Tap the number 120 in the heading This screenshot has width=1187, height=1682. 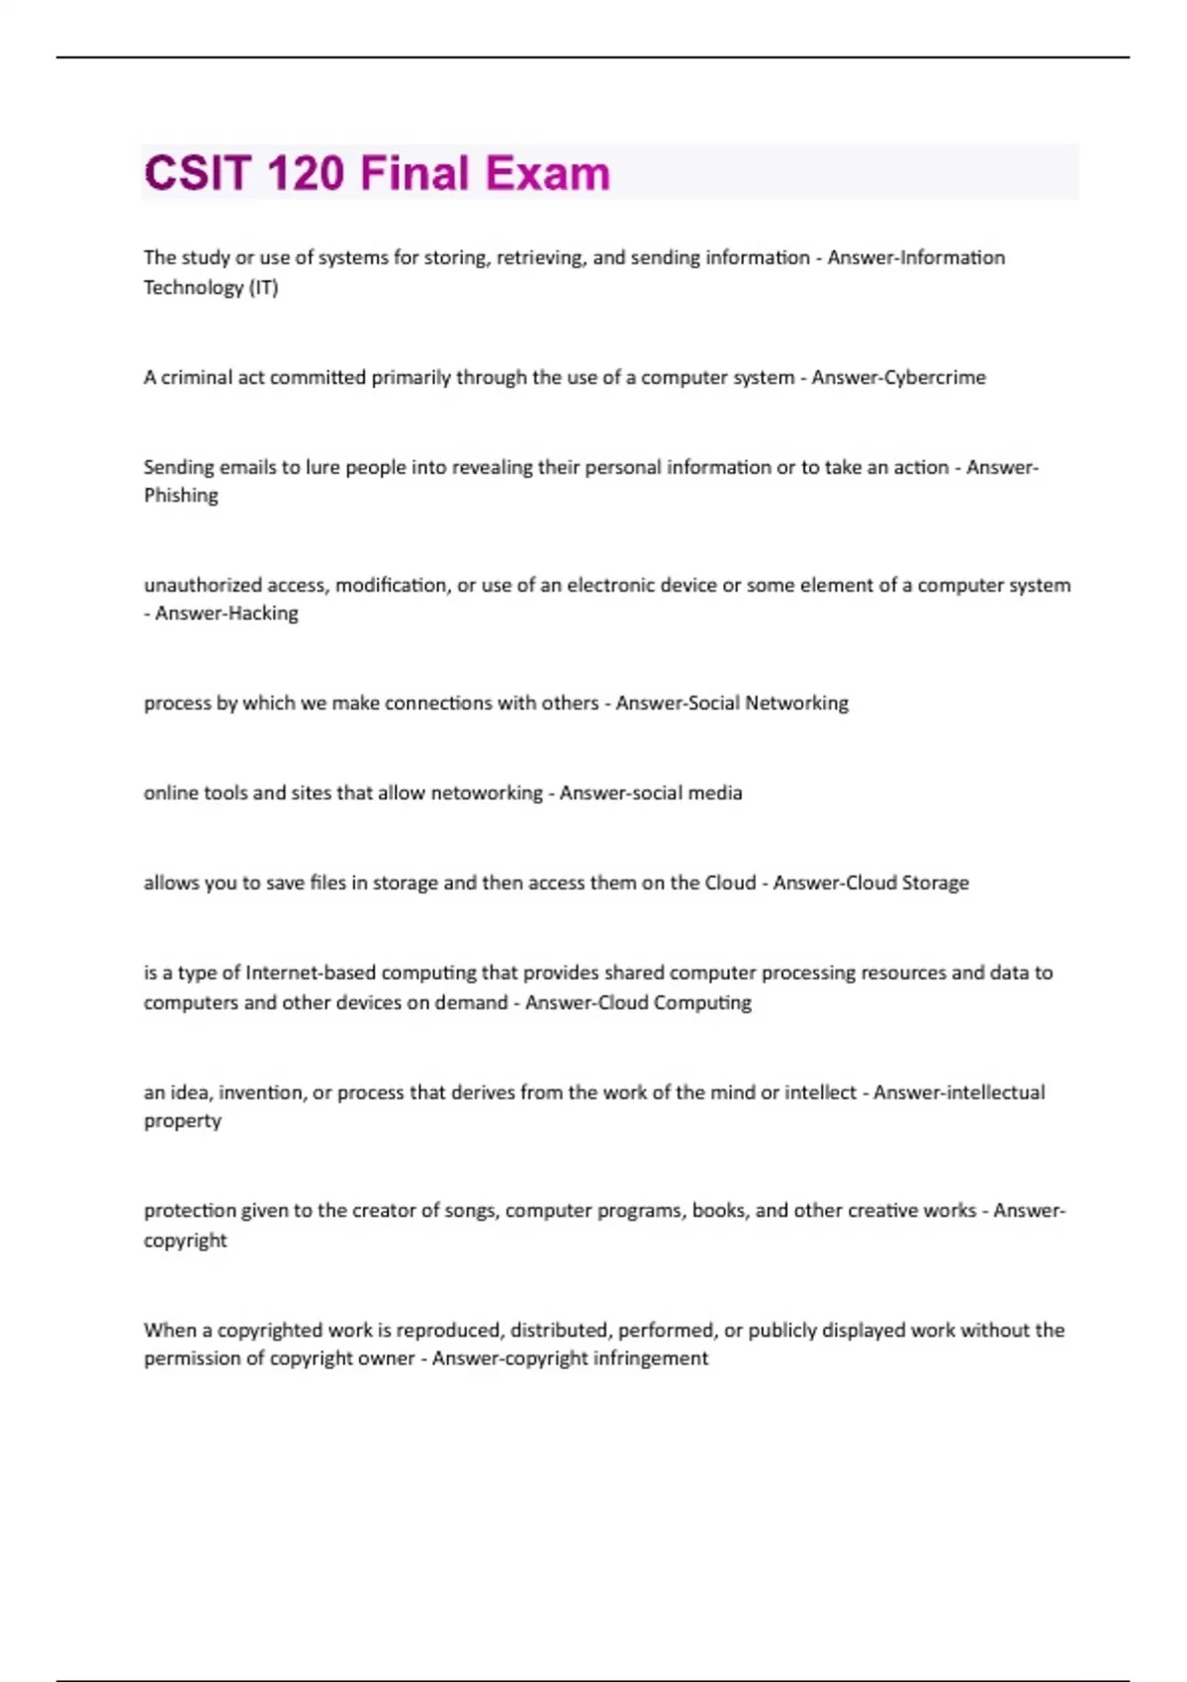pyautogui.click(x=306, y=173)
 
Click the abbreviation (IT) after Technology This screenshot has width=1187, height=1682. pyautogui.click(x=263, y=288)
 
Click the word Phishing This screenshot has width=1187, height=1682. pyautogui.click(x=181, y=496)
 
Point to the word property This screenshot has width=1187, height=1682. pyautogui.click(x=182, y=1121)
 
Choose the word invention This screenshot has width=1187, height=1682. pyautogui.click(x=262, y=1092)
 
